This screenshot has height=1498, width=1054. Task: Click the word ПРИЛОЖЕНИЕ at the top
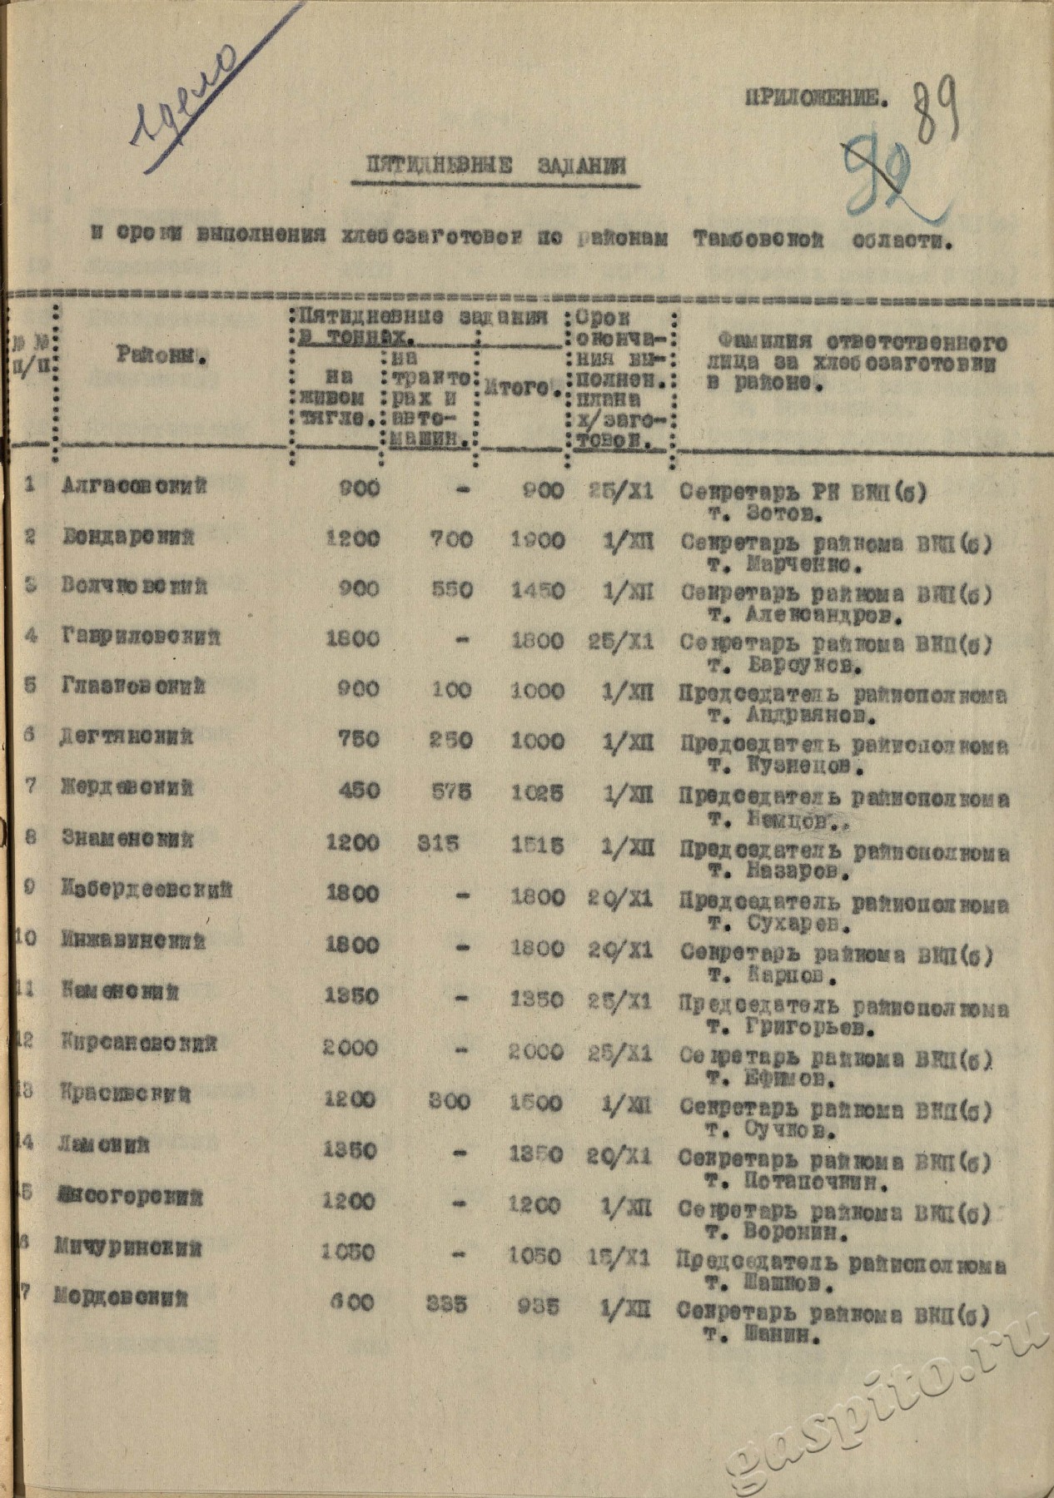click(815, 99)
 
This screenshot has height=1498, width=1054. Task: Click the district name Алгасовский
click(134, 487)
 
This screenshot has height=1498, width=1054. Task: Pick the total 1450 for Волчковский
click(538, 591)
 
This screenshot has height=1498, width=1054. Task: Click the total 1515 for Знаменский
click(538, 844)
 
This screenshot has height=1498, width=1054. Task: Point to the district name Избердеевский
click(147, 890)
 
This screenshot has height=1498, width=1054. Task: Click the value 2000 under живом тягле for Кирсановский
click(351, 1048)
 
